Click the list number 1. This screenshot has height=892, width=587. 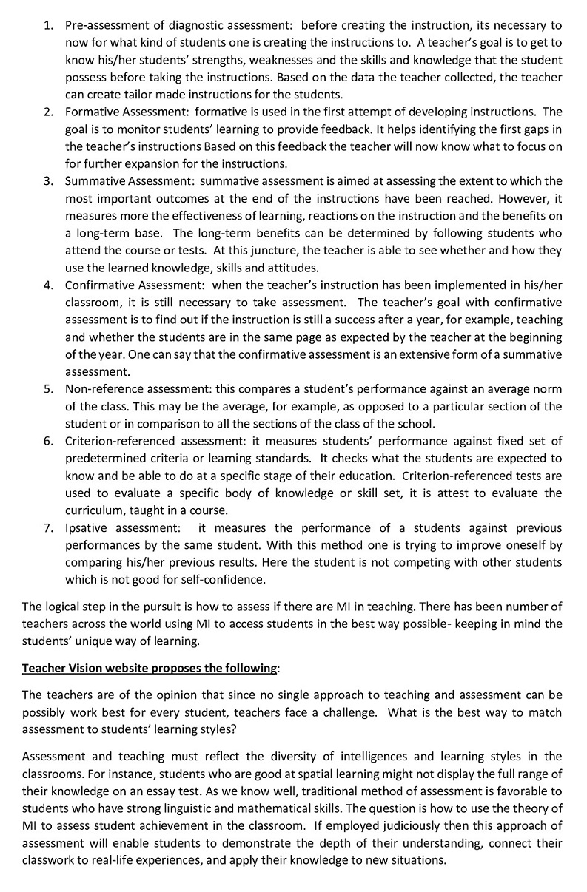click(47, 26)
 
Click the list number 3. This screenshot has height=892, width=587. click(47, 181)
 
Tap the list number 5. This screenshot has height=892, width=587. click(47, 389)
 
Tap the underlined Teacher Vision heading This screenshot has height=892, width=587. click(148, 669)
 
